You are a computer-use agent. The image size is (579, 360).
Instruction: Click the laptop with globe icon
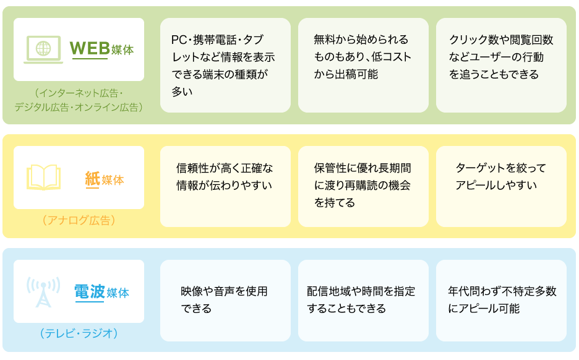pyautogui.click(x=43, y=49)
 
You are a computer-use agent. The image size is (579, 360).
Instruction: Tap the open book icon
pyautogui.click(x=43, y=178)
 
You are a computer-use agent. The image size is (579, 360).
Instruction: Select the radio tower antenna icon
pyautogui.click(x=43, y=292)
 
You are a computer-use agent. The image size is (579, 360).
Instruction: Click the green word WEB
pyautogui.click(x=90, y=48)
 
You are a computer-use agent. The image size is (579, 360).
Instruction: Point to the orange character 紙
pyautogui.click(x=92, y=179)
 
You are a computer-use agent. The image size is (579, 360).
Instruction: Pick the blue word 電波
pyautogui.click(x=90, y=292)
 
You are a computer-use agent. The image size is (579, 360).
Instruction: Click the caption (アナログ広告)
pyautogui.click(x=79, y=220)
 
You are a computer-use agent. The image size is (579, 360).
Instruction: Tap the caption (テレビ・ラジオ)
pyautogui.click(x=79, y=333)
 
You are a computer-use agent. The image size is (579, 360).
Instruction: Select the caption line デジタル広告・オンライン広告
pyautogui.click(x=79, y=107)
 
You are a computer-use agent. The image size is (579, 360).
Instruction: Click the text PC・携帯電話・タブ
pyautogui.click(x=218, y=40)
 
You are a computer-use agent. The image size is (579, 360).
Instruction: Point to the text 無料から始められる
pyautogui.click(x=361, y=39)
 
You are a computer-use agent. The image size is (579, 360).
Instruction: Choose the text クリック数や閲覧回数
pyautogui.click(x=501, y=40)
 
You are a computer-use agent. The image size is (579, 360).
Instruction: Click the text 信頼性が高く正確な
pyautogui.click(x=225, y=168)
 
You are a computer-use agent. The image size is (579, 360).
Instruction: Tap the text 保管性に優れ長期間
pyautogui.click(x=362, y=168)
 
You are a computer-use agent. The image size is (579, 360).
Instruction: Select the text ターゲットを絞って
pyautogui.click(x=500, y=168)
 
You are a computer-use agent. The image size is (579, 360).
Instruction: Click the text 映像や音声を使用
pyautogui.click(x=224, y=291)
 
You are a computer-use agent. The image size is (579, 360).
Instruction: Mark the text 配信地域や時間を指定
pyautogui.click(x=361, y=291)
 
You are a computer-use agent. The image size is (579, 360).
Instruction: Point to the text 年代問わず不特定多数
pyautogui.click(x=502, y=291)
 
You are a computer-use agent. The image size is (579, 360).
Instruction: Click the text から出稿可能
pyautogui.click(x=346, y=74)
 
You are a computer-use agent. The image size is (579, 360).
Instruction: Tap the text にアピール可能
pyautogui.click(x=484, y=308)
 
